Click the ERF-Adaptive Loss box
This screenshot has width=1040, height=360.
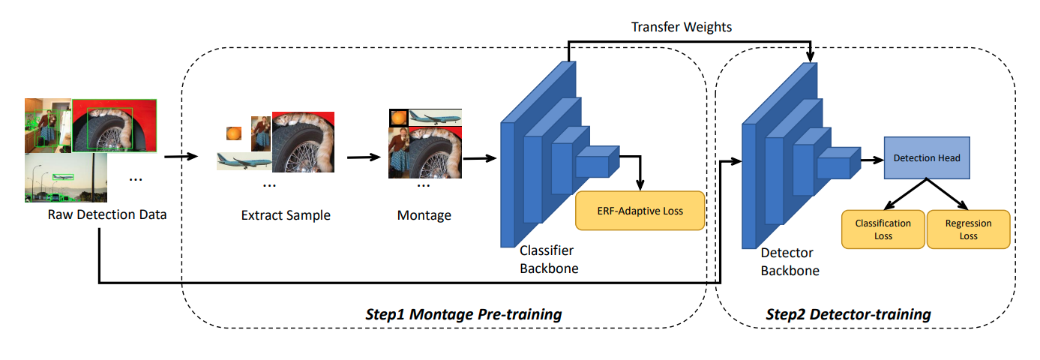(x=640, y=211)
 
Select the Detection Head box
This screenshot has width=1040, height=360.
(x=927, y=158)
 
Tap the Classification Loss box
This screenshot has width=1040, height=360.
(x=883, y=229)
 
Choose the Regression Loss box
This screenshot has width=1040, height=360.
(x=968, y=229)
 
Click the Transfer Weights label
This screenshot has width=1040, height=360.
(x=681, y=27)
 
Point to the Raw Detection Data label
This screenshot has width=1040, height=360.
(x=107, y=215)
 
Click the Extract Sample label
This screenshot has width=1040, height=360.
(x=286, y=215)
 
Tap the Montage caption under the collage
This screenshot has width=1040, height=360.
(x=424, y=215)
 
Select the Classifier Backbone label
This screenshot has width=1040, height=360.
(x=549, y=259)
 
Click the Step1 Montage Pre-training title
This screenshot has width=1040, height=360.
(x=463, y=313)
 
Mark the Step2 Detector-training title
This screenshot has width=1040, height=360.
(x=848, y=313)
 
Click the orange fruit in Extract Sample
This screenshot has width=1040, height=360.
(x=235, y=133)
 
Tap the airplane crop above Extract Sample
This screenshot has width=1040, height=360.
(x=242, y=160)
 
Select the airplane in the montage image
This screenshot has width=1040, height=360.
(x=435, y=117)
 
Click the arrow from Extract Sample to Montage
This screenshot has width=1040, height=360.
(x=364, y=157)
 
